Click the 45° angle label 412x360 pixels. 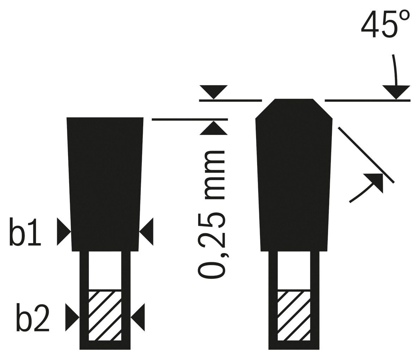[385, 24]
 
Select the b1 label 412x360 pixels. [25, 232]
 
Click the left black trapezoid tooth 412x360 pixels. [105, 184]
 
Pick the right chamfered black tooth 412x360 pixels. [294, 175]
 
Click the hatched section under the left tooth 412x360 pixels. [105, 316]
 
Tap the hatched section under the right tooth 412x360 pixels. [294, 316]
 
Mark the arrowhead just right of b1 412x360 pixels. [64, 232]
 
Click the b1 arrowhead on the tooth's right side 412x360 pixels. [146, 232]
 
